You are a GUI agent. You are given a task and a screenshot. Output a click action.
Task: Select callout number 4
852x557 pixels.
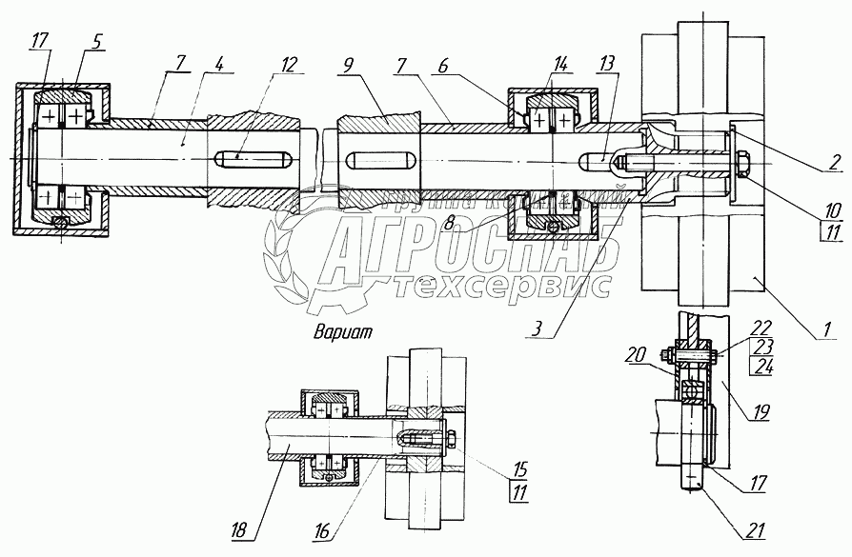[221, 66]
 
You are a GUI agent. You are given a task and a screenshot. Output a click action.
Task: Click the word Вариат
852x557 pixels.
[343, 332]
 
